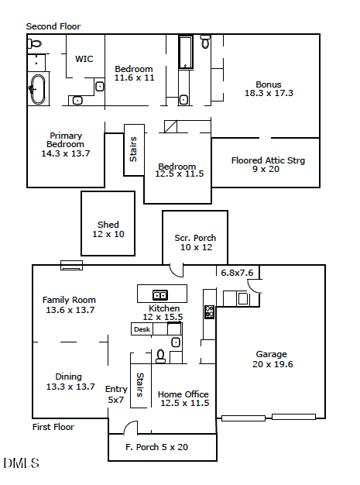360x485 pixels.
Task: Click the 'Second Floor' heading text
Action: tap(53, 26)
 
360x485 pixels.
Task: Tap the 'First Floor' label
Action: tap(53, 427)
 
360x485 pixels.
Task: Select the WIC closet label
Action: tap(84, 59)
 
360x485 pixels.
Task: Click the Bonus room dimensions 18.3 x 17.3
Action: tap(269, 93)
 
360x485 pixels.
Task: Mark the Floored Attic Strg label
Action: tap(268, 161)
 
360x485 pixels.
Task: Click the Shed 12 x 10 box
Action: tap(108, 229)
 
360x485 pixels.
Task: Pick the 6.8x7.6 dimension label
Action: tap(237, 273)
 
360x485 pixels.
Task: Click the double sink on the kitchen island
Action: tap(161, 294)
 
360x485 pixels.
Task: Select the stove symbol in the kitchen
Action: tap(209, 312)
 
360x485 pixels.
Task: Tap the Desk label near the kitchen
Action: tap(142, 329)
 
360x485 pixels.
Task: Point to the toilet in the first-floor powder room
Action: tap(161, 356)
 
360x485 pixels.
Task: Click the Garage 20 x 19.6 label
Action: tap(271, 359)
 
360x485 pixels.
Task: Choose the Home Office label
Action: tap(183, 394)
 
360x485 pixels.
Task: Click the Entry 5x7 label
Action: tap(116, 395)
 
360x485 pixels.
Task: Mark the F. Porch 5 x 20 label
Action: tap(156, 447)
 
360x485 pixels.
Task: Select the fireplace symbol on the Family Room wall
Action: tap(71, 266)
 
